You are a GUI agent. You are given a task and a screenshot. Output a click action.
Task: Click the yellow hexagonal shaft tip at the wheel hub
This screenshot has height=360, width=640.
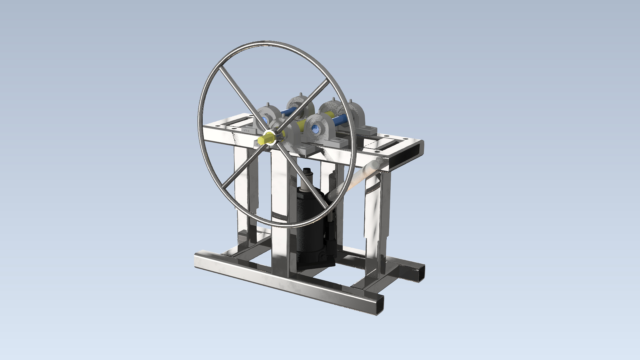pyautogui.click(x=262, y=139)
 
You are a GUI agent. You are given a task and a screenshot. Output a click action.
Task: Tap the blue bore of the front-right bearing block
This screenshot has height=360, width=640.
pyautogui.click(x=314, y=128)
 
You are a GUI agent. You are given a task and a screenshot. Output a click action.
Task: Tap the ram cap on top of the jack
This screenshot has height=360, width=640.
pyautogui.click(x=307, y=172)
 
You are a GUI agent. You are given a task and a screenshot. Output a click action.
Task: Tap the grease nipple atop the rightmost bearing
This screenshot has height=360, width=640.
pyautogui.click(x=351, y=100)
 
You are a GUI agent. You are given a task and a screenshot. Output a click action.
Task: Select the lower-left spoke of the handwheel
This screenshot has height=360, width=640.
pyautogui.click(x=238, y=170)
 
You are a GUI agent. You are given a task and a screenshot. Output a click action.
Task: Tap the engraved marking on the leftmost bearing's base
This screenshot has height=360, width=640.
pyautogui.click(x=246, y=130)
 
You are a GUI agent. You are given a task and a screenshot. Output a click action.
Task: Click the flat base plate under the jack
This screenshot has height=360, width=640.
pyautogui.click(x=317, y=265)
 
